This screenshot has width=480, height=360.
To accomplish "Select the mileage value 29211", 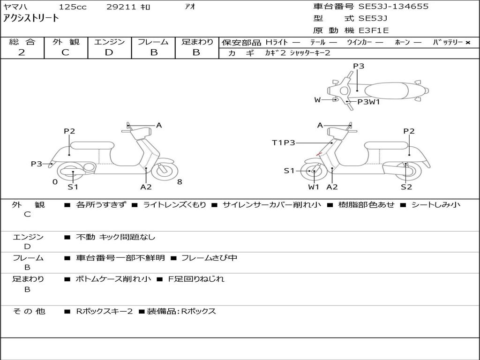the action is (x=121, y=7).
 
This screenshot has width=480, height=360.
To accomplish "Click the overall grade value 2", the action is (x=22, y=52).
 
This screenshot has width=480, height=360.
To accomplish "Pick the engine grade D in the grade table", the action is (x=109, y=52).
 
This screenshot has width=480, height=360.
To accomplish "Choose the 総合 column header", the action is (x=22, y=42).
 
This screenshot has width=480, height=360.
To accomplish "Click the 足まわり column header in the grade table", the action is (x=197, y=42).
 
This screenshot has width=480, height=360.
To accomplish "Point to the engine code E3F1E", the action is (x=374, y=30).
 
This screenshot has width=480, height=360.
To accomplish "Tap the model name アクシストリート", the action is (x=31, y=18).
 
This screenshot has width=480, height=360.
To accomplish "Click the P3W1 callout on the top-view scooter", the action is (x=368, y=102).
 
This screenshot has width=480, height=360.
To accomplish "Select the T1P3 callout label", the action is (x=284, y=142).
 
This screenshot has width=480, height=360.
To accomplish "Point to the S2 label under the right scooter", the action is (x=406, y=187).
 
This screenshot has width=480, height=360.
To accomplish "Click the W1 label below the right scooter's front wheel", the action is (x=314, y=187).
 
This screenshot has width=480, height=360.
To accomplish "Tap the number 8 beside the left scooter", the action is (x=180, y=182).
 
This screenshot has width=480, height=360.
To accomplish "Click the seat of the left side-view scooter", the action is (x=91, y=145).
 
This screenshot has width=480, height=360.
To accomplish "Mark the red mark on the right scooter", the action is (x=319, y=153).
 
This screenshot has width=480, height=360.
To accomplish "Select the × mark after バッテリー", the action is (x=467, y=43).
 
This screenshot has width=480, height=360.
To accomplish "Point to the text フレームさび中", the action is (x=209, y=258).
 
